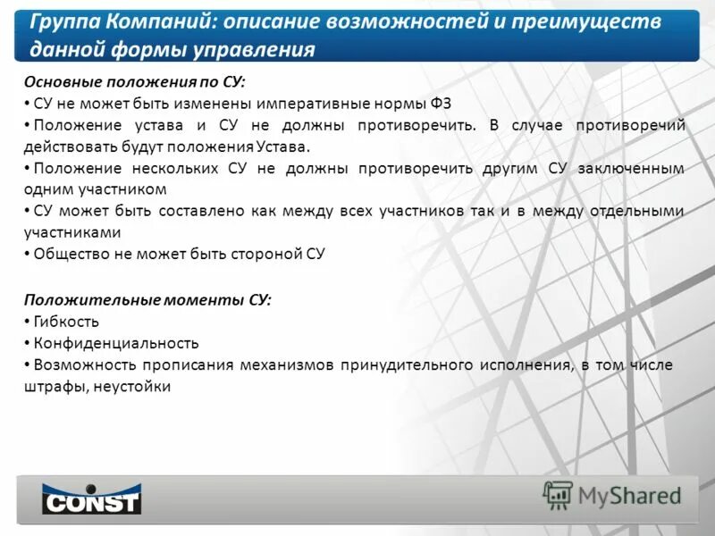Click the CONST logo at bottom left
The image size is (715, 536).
pyautogui.click(x=91, y=498)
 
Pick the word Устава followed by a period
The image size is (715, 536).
pyautogui.click(x=285, y=147)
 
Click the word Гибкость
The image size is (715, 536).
pyautogui.click(x=66, y=322)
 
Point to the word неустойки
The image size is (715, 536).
pyautogui.click(x=132, y=386)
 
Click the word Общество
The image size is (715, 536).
pyautogui.click(x=70, y=254)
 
